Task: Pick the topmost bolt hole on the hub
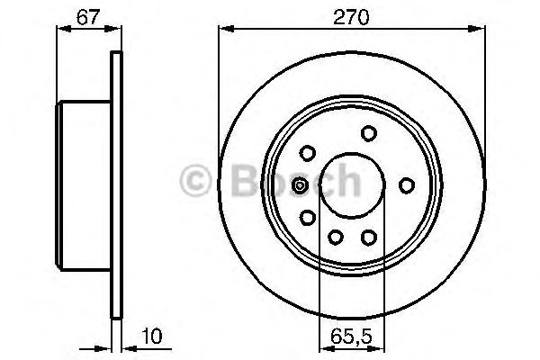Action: (368, 133)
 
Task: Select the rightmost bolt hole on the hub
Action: (406, 185)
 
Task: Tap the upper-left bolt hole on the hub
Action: (307, 152)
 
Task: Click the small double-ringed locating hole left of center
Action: (301, 185)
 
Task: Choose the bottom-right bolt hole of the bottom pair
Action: (368, 237)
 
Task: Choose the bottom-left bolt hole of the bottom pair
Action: (335, 237)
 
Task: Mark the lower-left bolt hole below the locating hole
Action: (307, 217)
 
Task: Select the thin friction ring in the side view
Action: (115, 185)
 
